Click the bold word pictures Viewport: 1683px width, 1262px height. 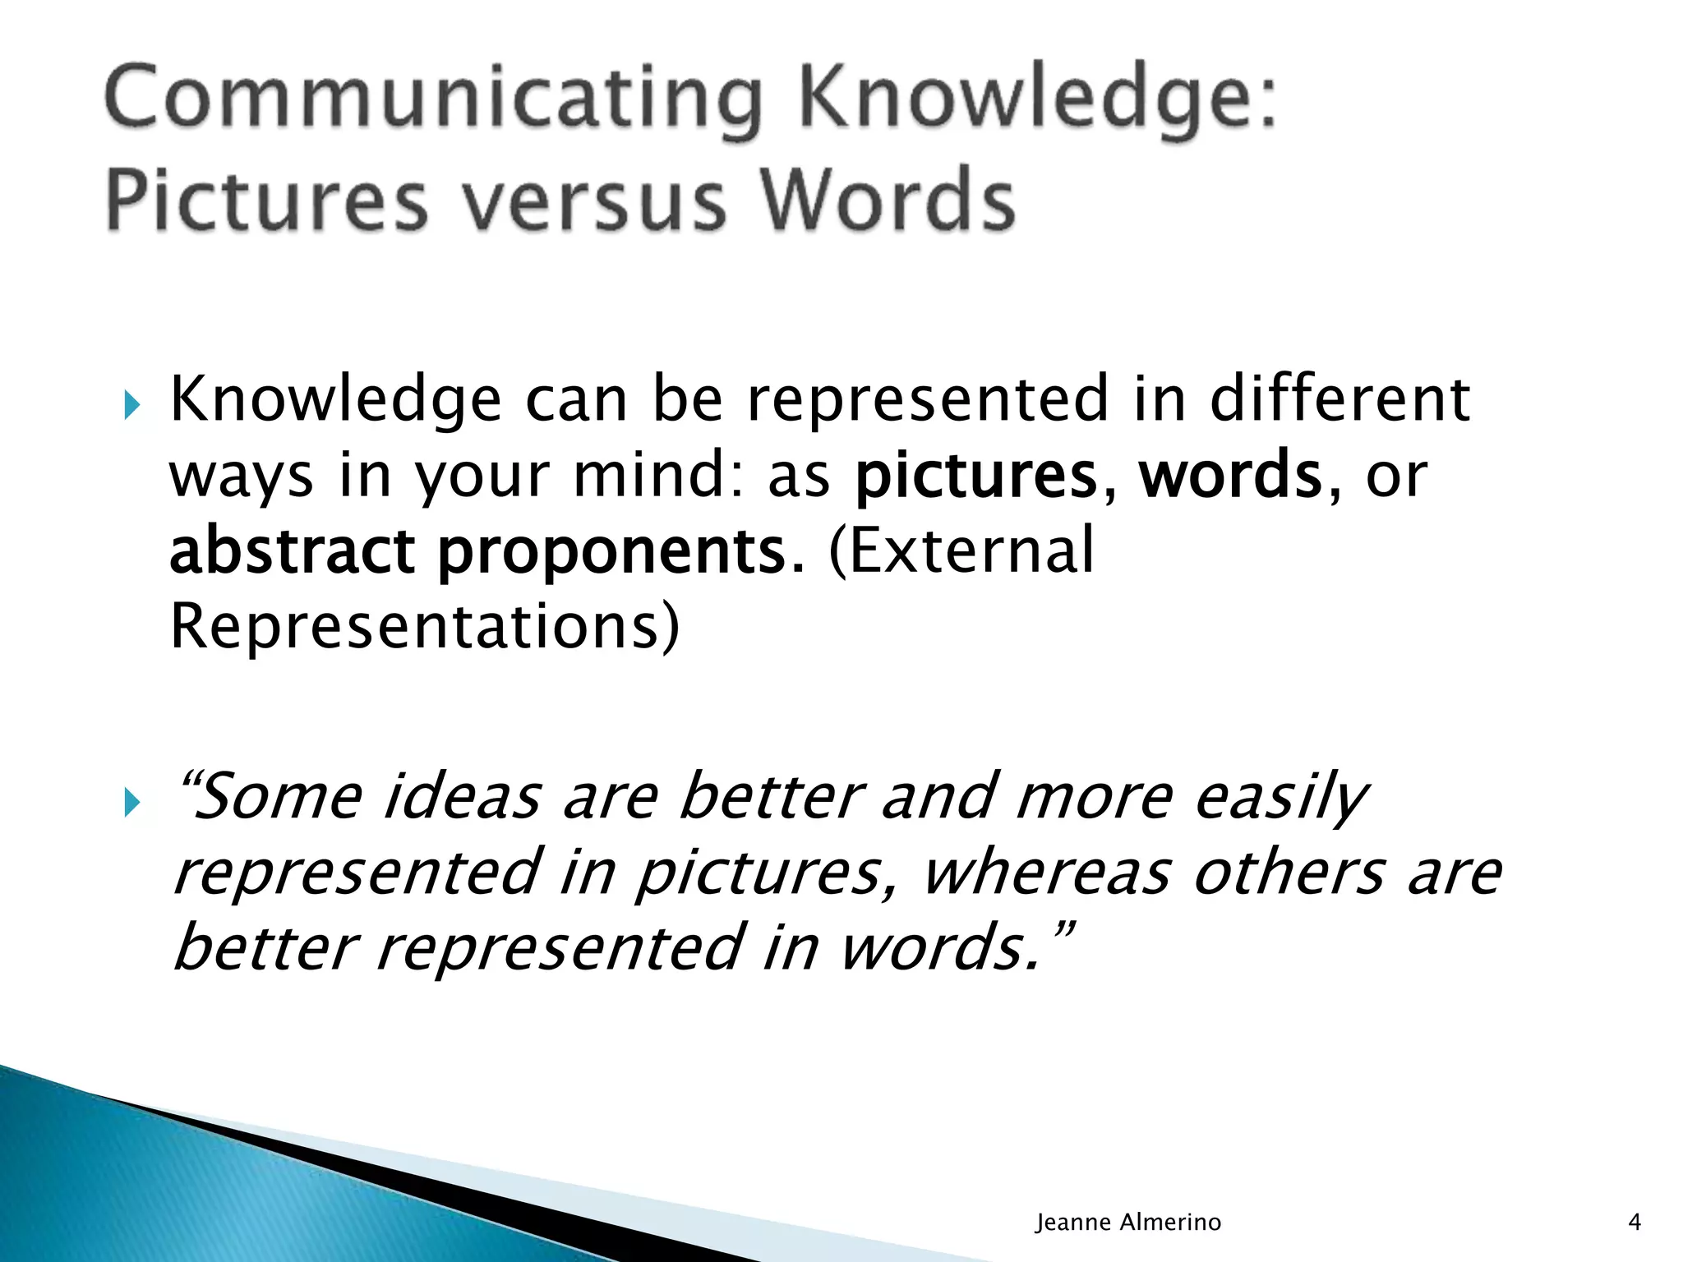[x=976, y=477]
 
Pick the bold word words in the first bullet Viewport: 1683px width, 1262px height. [x=1230, y=475]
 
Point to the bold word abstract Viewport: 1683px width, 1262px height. [x=292, y=550]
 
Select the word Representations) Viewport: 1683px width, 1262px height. [x=425, y=626]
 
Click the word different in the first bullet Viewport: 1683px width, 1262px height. [x=1339, y=399]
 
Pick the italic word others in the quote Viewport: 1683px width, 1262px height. [x=1289, y=873]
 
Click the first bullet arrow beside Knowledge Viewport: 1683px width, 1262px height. [x=132, y=405]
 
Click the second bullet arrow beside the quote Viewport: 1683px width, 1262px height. [x=132, y=803]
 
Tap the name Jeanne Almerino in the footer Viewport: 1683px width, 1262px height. [x=1127, y=1223]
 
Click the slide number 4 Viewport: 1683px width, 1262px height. [x=1635, y=1223]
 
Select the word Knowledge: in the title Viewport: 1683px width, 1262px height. [x=1038, y=100]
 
